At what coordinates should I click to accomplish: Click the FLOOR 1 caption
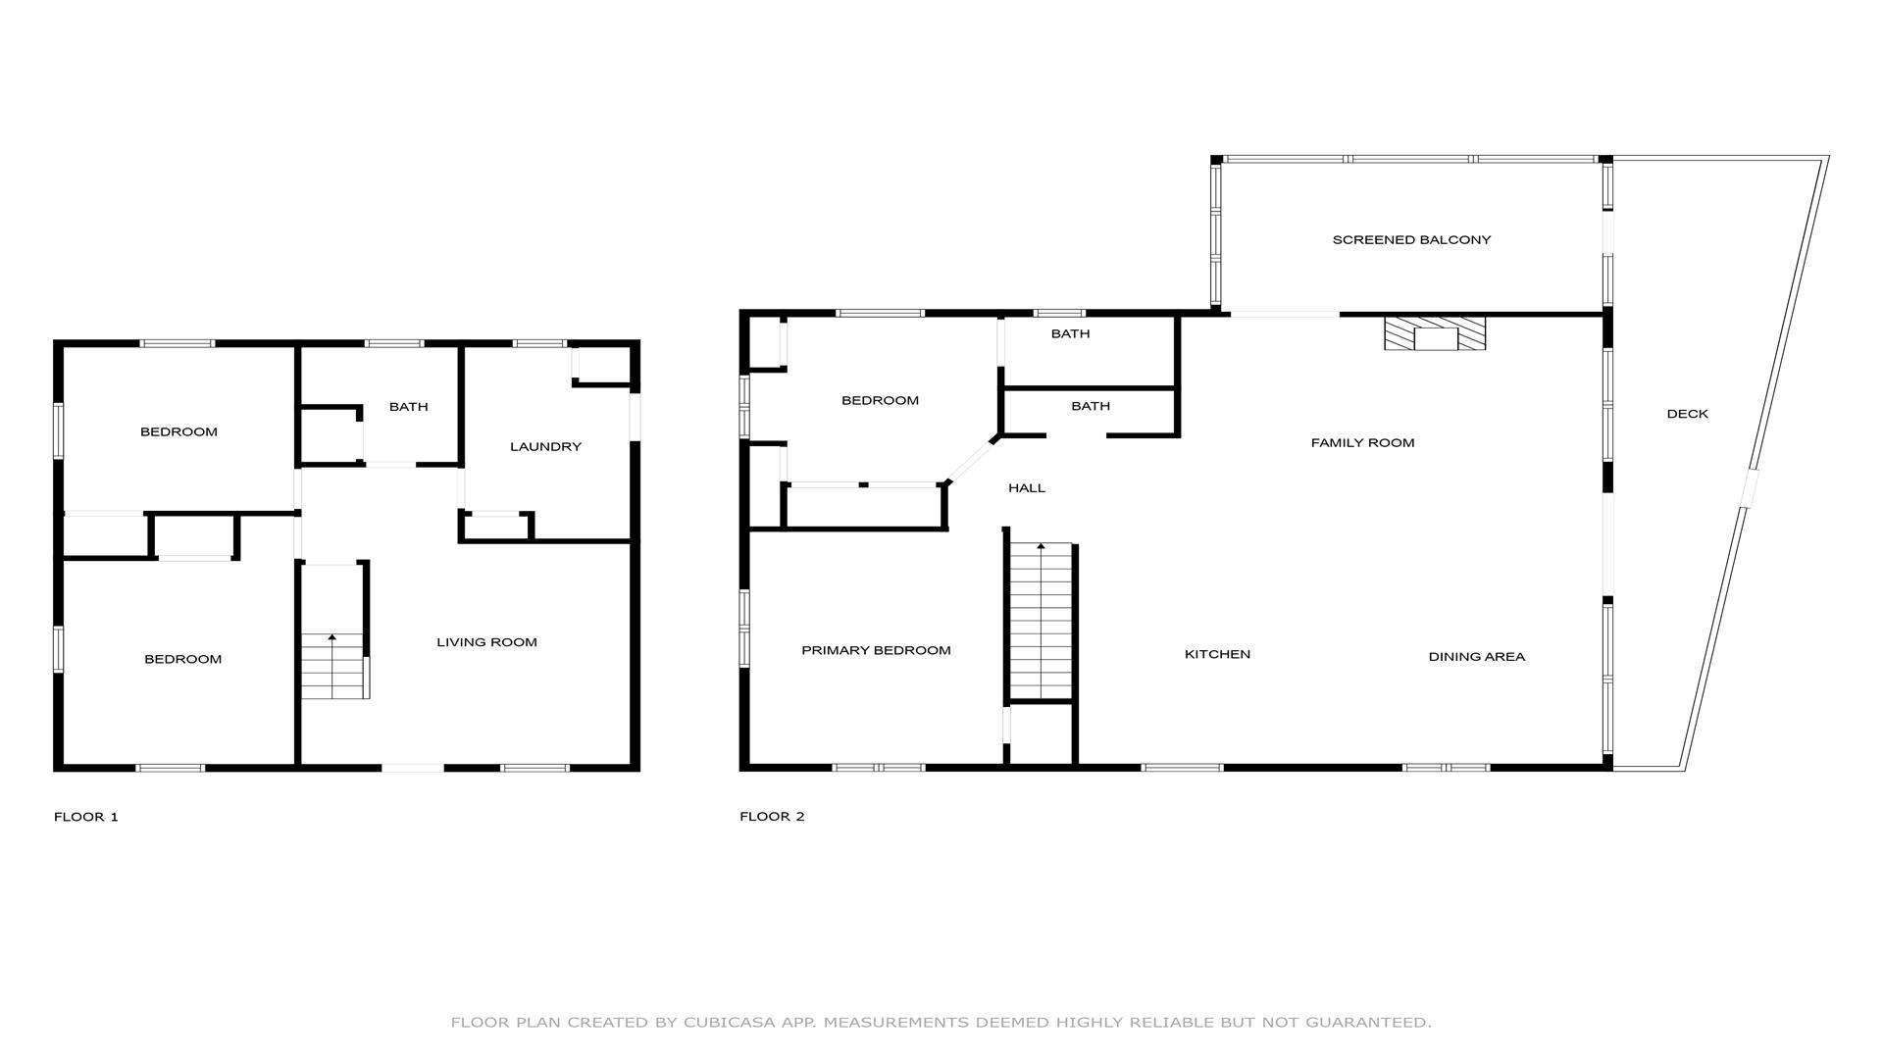(86, 817)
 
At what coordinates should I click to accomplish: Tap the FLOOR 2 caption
(772, 817)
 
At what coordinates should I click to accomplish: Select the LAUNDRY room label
(545, 447)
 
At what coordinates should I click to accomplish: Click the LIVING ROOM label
(486, 642)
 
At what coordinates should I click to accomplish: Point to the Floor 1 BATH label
(408, 407)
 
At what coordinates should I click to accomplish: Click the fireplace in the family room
(1435, 333)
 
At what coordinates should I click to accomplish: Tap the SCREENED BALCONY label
(1411, 240)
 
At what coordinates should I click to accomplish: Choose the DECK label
(1687, 414)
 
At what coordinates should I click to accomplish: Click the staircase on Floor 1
(334, 666)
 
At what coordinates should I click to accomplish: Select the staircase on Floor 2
(1041, 621)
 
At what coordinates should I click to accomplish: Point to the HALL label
(1027, 488)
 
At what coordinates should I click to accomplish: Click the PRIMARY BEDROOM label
(876, 651)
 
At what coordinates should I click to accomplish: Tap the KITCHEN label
(1217, 655)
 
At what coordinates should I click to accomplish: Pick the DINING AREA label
(1476, 657)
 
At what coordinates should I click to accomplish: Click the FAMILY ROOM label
(1362, 443)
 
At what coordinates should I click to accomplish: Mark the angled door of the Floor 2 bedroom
(971, 461)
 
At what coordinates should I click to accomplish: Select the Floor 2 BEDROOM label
(880, 401)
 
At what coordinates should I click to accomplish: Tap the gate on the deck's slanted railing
(1749, 488)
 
